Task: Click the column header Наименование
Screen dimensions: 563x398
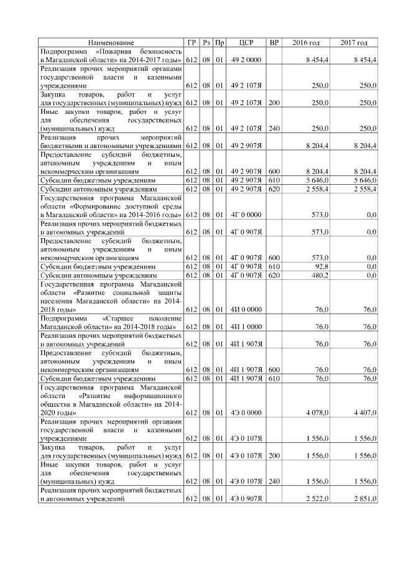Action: (x=111, y=42)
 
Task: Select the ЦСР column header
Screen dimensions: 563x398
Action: (x=245, y=42)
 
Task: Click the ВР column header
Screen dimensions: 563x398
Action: (x=274, y=42)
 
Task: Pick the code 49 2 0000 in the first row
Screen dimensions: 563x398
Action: (x=245, y=58)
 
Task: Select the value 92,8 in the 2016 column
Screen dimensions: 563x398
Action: (x=320, y=266)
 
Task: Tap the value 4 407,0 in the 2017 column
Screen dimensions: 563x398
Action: (x=364, y=412)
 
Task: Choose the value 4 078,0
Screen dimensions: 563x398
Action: (x=317, y=412)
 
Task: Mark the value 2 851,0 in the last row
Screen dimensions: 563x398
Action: (x=364, y=499)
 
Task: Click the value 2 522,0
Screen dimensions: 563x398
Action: (x=317, y=499)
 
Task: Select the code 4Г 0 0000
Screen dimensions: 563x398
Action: (x=245, y=214)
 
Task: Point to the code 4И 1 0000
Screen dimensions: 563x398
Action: (x=245, y=326)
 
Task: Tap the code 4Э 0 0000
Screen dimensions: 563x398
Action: (x=245, y=412)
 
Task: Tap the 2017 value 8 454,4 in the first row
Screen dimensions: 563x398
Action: (x=364, y=58)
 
